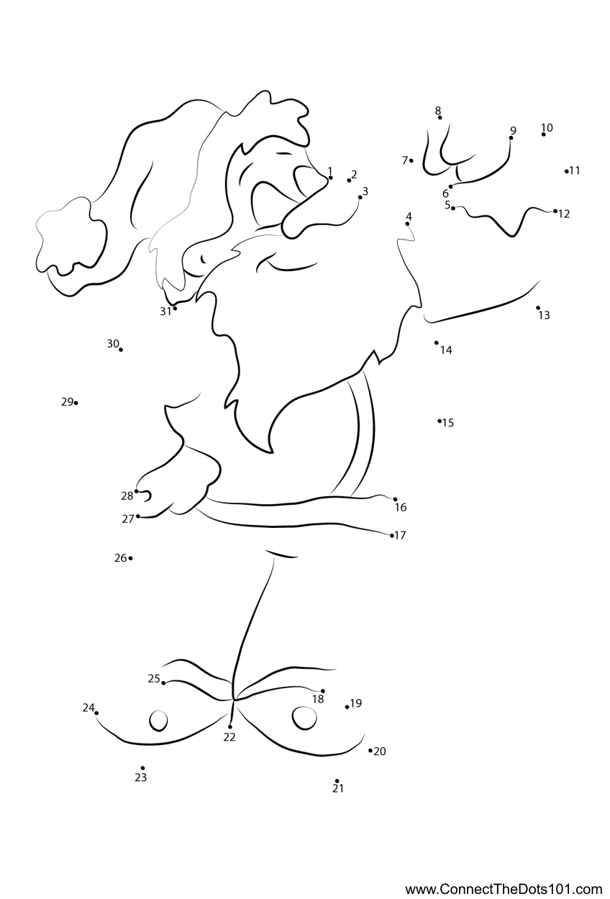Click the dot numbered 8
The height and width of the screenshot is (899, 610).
tap(440, 118)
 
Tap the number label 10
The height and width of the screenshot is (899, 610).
tap(547, 127)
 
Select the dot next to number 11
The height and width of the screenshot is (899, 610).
tap(566, 171)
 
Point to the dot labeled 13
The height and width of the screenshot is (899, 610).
tap(538, 308)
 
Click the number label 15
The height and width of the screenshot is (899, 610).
tap(448, 423)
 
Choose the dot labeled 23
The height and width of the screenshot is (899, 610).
tap(143, 768)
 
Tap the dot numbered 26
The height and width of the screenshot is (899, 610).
tap(130, 558)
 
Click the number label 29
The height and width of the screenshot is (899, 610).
tap(67, 401)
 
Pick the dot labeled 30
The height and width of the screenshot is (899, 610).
tap(121, 350)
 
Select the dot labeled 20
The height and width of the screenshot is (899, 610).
tap(370, 750)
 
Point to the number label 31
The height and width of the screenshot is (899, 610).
tap(165, 311)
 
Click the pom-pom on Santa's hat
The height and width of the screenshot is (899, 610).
tap(71, 243)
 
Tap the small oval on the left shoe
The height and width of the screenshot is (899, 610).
tap(158, 721)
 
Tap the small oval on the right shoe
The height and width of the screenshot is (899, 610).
tap(304, 717)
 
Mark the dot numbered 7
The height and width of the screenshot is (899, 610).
tap(411, 160)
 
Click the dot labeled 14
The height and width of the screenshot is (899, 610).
tap(436, 342)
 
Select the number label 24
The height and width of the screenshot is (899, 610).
tap(88, 708)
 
